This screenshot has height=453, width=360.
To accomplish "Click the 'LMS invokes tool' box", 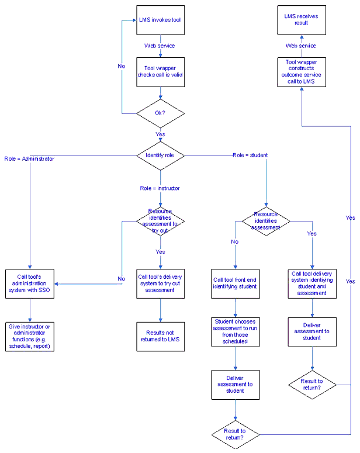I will click(160, 20).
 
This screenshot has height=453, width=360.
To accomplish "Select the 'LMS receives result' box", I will click(301, 20).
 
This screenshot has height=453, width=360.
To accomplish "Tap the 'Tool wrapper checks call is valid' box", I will click(160, 72).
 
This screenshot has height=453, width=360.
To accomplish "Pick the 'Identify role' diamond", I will click(160, 155).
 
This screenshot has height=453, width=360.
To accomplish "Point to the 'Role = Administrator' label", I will click(29, 158).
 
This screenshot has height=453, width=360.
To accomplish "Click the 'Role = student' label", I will click(250, 155).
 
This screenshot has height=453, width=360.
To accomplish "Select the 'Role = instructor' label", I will click(160, 188).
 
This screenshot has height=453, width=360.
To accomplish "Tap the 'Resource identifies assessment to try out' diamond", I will click(160, 221).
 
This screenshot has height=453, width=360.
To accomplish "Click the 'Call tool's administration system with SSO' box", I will click(30, 284).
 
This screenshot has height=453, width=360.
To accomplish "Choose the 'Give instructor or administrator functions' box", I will click(30, 336).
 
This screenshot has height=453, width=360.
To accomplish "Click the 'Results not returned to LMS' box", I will click(160, 336).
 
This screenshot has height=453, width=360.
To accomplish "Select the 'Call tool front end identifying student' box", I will click(235, 283).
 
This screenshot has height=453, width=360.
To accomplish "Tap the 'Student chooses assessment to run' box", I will click(235, 331).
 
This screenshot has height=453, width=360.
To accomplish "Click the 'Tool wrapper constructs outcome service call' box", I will click(301, 72).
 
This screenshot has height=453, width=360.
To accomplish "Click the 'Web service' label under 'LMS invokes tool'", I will click(160, 46).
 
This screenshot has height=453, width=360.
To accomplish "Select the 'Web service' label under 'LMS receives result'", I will click(301, 46).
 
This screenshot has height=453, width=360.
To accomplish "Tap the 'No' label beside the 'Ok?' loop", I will click(121, 66).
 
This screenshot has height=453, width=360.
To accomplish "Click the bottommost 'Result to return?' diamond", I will click(235, 434).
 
